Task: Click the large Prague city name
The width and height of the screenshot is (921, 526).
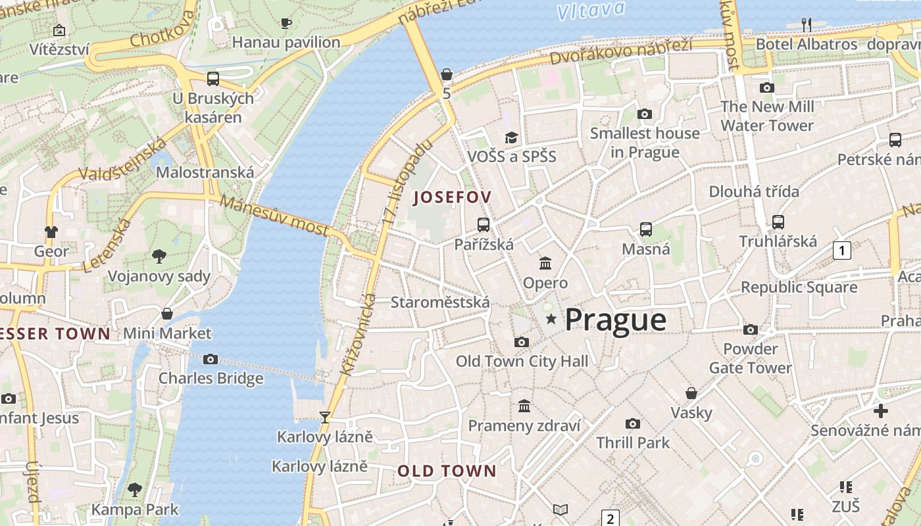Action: [615, 320]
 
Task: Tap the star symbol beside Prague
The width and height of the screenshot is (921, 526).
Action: [551, 320]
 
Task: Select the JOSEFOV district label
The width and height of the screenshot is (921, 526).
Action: [453, 197]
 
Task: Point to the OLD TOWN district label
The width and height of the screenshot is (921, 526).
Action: [447, 471]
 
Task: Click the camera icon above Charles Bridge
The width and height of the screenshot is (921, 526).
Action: [211, 359]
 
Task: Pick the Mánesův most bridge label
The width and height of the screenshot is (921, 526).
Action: [274, 215]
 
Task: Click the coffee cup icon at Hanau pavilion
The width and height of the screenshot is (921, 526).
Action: [286, 24]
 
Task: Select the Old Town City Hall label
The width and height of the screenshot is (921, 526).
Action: [522, 361]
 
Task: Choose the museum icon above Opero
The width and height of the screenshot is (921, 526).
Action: [545, 264]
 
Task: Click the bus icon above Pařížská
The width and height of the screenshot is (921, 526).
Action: [484, 225]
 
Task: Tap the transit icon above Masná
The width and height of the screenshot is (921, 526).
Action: [646, 229]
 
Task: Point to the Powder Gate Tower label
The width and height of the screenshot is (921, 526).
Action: [750, 358]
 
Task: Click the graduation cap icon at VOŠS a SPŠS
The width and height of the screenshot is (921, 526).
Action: [511, 137]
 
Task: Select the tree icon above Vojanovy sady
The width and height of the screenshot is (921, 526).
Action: [159, 256]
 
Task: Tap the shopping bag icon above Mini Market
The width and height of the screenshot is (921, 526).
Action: [167, 314]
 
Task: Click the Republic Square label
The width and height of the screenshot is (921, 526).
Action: [799, 287]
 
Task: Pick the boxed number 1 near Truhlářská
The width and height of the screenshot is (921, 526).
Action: [841, 250]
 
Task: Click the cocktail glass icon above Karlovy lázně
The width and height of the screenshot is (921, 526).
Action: [324, 417]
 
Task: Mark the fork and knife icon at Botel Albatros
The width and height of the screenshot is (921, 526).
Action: [807, 25]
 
